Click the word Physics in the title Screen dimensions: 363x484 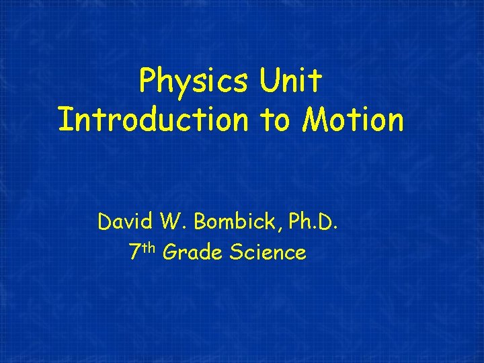click(x=193, y=82)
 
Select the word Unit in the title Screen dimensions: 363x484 click(x=290, y=81)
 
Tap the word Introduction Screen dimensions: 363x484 click(x=153, y=120)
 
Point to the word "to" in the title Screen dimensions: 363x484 click(x=276, y=121)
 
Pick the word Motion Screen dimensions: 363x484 click(x=354, y=120)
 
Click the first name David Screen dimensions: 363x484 click(x=125, y=220)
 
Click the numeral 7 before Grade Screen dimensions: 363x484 click(x=134, y=253)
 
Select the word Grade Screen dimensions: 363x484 click(x=193, y=253)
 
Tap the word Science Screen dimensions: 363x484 click(x=268, y=253)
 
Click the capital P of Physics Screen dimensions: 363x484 click(x=147, y=81)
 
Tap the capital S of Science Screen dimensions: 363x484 click(x=236, y=253)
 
